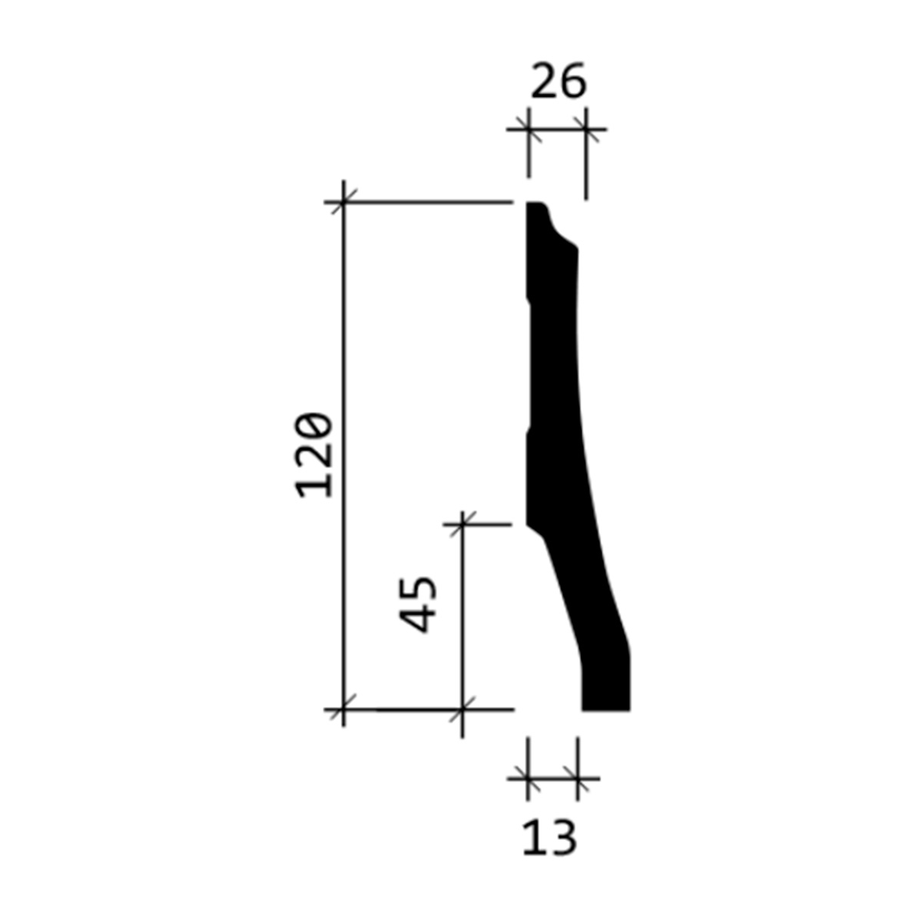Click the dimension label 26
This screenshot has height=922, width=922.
(558, 81)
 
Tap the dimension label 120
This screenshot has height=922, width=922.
(313, 456)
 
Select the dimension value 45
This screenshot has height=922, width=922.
(418, 605)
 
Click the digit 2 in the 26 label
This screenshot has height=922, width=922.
(544, 81)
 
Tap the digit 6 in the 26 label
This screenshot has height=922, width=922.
(572, 81)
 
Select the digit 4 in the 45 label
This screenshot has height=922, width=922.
(418, 620)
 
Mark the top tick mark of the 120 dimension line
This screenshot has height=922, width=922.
(343, 202)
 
